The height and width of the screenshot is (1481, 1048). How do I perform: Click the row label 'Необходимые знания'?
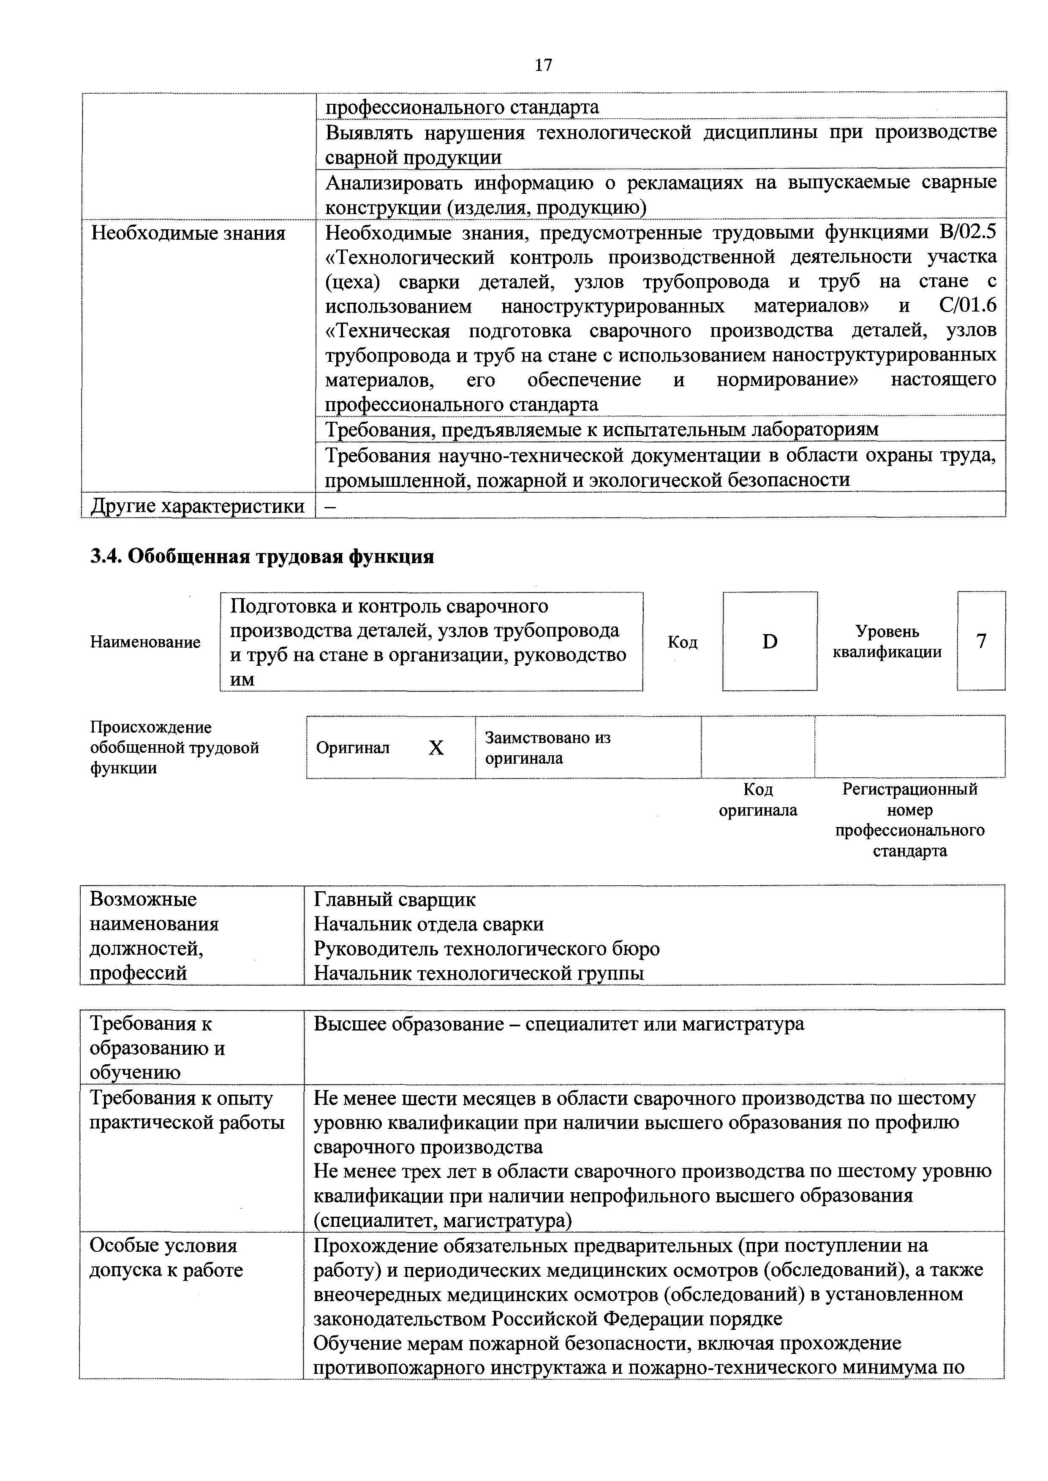[x=188, y=233]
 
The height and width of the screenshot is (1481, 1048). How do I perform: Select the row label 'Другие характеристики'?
[x=197, y=506]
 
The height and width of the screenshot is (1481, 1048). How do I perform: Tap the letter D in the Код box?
[x=770, y=642]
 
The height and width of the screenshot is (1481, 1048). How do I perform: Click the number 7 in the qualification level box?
[x=981, y=642]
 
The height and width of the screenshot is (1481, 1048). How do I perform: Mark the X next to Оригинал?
[x=436, y=748]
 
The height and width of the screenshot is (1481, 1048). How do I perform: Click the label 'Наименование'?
[x=145, y=643]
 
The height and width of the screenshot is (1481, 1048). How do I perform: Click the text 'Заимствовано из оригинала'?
[x=547, y=748]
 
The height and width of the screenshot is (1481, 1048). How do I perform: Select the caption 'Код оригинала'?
[x=758, y=800]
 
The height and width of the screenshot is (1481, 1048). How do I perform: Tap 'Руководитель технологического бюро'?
[x=487, y=949]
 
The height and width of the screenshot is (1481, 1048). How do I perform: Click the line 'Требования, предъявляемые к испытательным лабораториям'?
[x=602, y=430]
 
